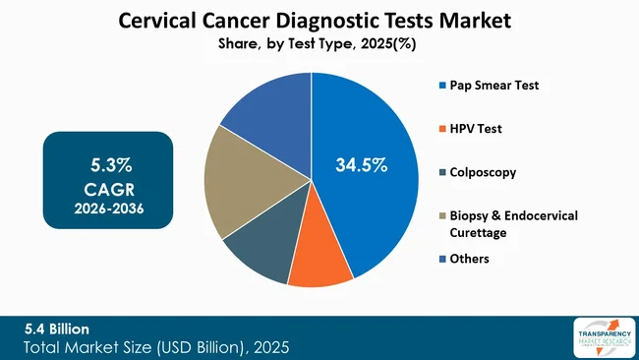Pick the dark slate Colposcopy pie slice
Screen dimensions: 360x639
click(259, 247)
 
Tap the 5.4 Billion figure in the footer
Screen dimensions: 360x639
click(60, 329)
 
